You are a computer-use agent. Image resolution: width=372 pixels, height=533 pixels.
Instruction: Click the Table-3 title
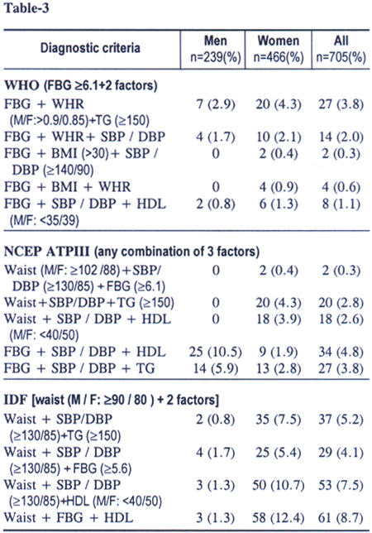[26, 8]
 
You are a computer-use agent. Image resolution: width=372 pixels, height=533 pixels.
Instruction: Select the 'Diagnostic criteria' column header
[90, 48]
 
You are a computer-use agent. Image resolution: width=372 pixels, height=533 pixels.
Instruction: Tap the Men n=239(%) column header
[216, 49]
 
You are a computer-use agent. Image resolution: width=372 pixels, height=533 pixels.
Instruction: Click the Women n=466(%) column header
[279, 49]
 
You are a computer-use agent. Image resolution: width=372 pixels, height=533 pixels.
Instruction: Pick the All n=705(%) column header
[341, 49]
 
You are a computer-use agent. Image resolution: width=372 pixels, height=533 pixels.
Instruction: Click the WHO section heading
[81, 85]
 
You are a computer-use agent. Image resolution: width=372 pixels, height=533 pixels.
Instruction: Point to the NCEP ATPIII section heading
[131, 252]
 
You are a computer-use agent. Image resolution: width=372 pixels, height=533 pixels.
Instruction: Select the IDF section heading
[112, 400]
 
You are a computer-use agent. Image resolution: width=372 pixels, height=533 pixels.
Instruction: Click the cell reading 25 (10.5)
[216, 352]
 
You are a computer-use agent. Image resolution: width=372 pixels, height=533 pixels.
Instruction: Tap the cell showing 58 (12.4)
[279, 518]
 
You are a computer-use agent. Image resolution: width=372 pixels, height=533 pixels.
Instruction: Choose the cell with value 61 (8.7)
[341, 518]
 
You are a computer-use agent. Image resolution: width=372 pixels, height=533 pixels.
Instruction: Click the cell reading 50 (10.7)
[279, 485]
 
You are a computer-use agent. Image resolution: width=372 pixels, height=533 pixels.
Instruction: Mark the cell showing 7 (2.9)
[216, 104]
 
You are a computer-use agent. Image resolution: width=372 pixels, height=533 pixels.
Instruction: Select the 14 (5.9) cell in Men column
[216, 368]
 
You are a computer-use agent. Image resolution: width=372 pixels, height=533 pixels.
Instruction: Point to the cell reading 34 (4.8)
[341, 352]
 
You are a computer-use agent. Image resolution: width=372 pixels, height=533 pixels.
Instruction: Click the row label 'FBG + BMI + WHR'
[67, 187]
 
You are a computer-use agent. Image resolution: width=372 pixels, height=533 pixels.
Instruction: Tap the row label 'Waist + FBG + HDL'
[69, 518]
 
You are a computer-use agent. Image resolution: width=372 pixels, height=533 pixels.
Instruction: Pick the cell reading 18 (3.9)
[279, 319]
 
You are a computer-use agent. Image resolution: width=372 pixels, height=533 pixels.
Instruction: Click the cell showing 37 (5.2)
[341, 420]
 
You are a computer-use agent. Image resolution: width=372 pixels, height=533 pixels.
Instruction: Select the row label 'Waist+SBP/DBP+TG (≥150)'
[89, 303]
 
